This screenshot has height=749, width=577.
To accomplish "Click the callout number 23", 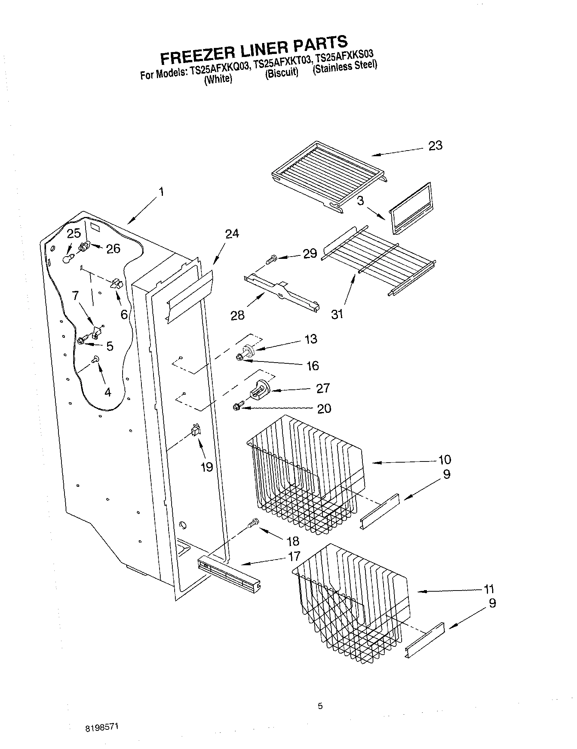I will [435, 146].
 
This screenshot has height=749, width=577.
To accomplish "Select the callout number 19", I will [207, 467].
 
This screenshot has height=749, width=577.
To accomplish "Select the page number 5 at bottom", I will [320, 706].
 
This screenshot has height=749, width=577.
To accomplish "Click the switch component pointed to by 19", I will [196, 430].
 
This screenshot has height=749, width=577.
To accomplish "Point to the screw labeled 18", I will [253, 523].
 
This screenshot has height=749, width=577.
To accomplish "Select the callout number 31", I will [337, 314].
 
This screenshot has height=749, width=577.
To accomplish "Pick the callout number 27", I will [323, 388].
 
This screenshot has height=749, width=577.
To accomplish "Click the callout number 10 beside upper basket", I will [445, 460].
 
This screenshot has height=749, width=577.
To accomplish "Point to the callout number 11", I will [488, 589].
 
